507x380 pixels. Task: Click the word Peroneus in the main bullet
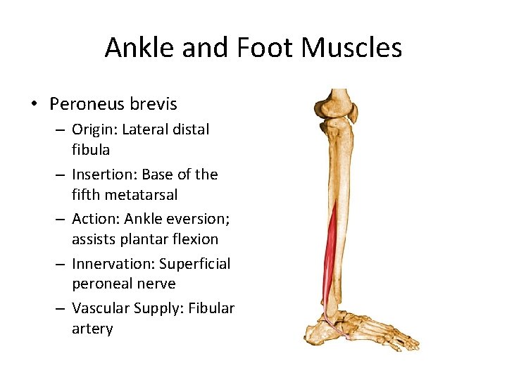click(86, 104)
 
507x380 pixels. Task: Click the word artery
click(92, 329)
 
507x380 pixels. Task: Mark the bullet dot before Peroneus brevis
click(33, 105)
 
